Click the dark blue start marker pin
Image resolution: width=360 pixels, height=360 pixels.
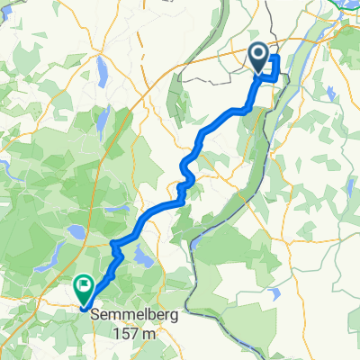click(x=258, y=58)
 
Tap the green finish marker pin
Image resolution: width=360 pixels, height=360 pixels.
click(x=84, y=288)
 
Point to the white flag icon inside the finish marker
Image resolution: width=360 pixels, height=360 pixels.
click(x=84, y=286)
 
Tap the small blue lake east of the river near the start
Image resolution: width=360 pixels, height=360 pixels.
click(x=332, y=92)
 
